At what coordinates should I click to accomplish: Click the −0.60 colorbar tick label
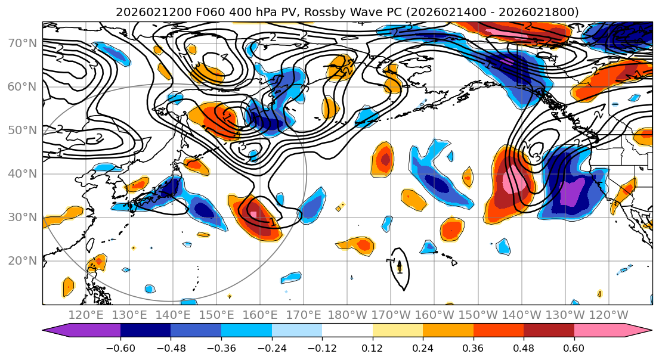click(120, 347)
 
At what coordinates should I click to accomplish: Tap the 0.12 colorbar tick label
click(372, 347)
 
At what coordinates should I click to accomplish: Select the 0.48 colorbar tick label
click(524, 347)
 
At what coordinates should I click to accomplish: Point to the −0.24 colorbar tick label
click(271, 347)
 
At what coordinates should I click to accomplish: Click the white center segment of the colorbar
click(347, 331)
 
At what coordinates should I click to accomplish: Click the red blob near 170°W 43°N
click(385, 159)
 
